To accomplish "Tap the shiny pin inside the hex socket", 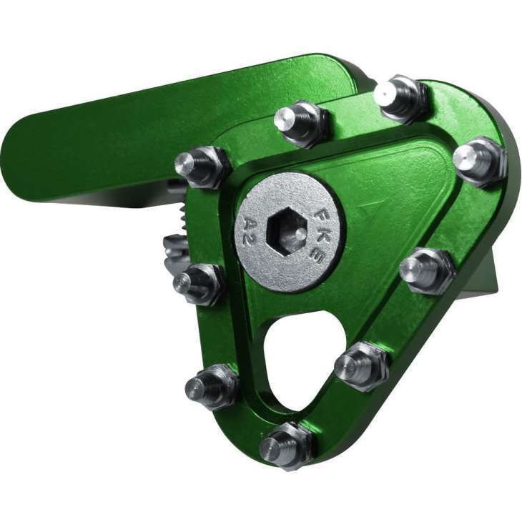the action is click(x=300, y=233).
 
